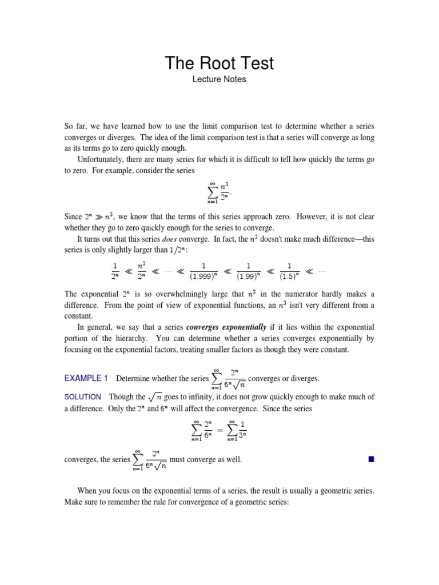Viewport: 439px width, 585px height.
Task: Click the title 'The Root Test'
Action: [x=219, y=63]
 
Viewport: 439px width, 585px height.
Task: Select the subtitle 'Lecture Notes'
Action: [x=219, y=79]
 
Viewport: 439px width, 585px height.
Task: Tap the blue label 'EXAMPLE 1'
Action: [x=86, y=378]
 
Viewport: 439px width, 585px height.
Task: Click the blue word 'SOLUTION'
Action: [x=83, y=396]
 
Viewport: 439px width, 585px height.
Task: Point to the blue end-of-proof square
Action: [x=371, y=459]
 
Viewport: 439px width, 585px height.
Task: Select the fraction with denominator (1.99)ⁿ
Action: [x=249, y=271]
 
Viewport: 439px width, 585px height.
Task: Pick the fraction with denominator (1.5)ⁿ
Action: [x=290, y=271]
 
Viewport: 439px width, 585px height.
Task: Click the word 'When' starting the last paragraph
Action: [x=87, y=491]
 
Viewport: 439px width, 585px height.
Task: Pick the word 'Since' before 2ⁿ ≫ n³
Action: [x=73, y=216]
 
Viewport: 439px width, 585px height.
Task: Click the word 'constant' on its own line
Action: [x=79, y=316]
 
